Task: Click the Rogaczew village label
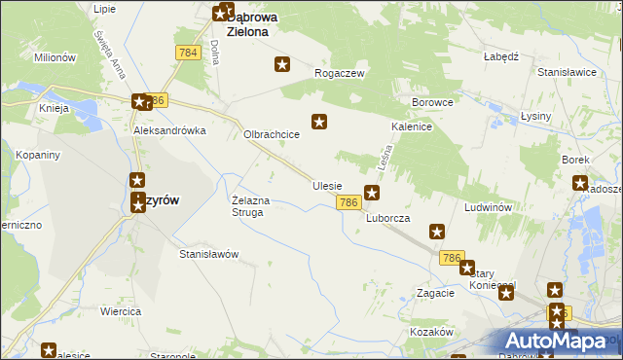click(x=339, y=73)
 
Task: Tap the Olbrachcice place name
click(x=271, y=135)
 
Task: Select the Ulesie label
click(x=327, y=185)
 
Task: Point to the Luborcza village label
click(x=387, y=218)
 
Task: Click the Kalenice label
click(x=412, y=126)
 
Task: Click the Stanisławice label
click(x=567, y=71)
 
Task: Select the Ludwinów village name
click(x=489, y=208)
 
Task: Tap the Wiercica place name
click(x=121, y=311)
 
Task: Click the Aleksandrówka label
click(x=170, y=130)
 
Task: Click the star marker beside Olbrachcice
click(x=318, y=122)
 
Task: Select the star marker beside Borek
click(x=580, y=182)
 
